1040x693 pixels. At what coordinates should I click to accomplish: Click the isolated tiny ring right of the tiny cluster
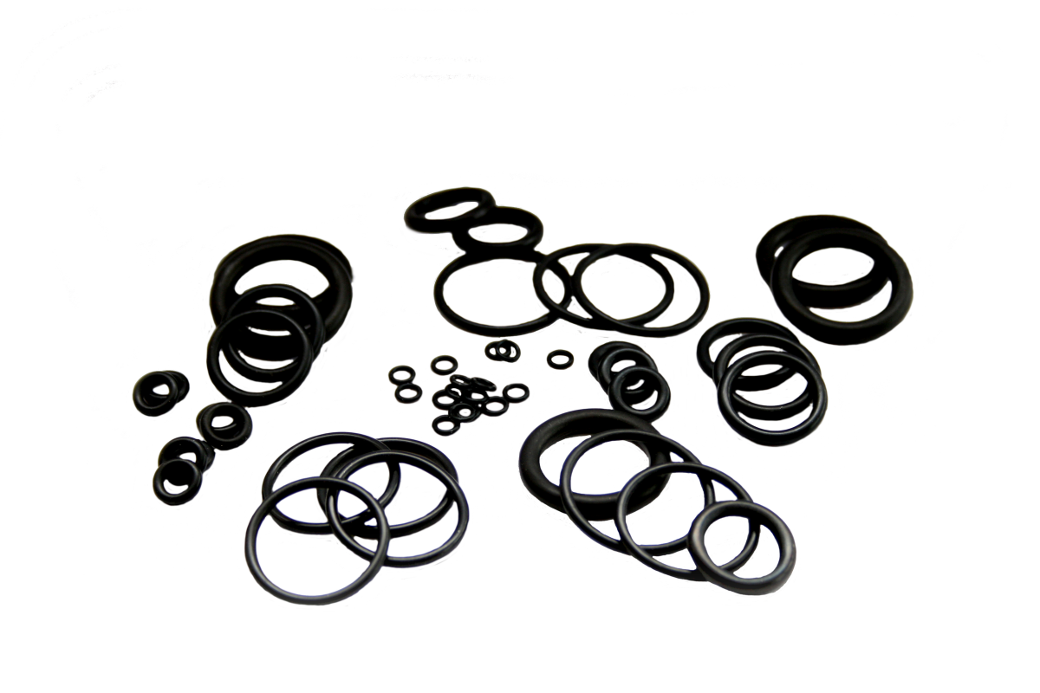tap(561, 357)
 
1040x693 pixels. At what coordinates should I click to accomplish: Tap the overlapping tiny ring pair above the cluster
tap(502, 351)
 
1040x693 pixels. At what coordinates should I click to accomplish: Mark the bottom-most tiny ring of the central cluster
tap(445, 425)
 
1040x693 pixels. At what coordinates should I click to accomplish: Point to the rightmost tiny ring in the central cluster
tap(517, 392)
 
